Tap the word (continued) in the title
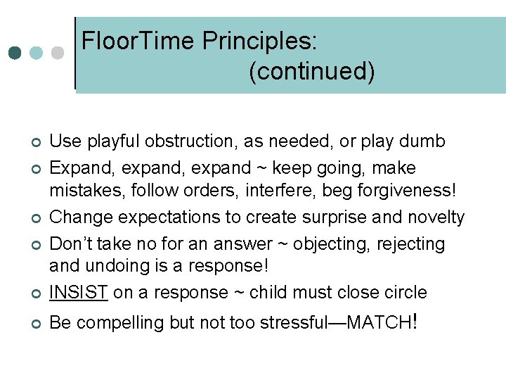tap(311, 71)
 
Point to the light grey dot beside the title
tap(59, 53)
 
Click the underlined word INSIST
tap(78, 292)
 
